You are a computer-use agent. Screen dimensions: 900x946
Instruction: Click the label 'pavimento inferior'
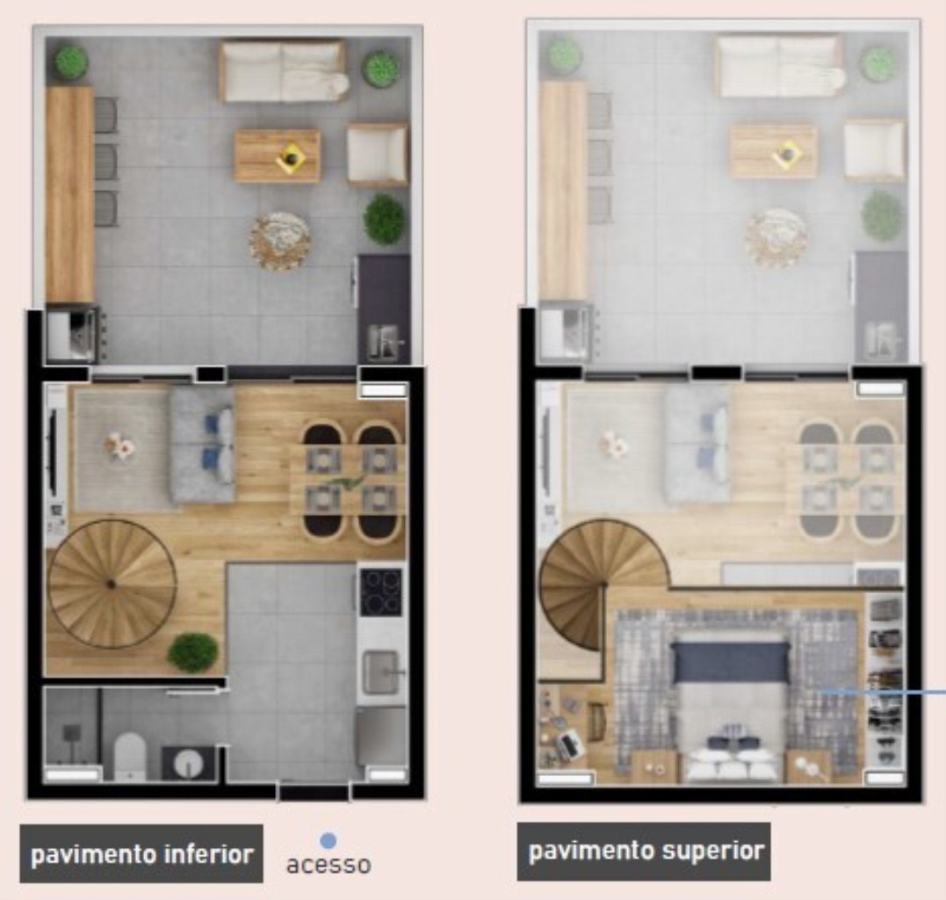tap(141, 853)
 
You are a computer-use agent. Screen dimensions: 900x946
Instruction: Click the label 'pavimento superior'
tap(646, 851)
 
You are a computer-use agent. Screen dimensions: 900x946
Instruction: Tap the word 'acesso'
tap(329, 865)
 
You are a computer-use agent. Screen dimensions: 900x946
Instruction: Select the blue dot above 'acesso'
tap(329, 842)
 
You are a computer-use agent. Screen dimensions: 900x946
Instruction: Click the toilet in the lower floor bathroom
tap(129, 756)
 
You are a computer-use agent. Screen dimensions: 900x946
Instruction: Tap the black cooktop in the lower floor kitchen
tap(381, 591)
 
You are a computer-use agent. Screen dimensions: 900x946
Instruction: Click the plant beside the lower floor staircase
tap(193, 652)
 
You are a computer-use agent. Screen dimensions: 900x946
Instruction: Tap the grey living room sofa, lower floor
tap(203, 444)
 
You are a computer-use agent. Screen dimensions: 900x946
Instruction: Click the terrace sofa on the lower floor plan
tap(284, 71)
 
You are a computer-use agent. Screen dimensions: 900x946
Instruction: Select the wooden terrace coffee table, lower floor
tap(278, 156)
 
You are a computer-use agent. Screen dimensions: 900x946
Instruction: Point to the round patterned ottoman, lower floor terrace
tap(279, 240)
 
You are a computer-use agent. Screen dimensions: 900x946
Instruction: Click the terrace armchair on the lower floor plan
tap(378, 154)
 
